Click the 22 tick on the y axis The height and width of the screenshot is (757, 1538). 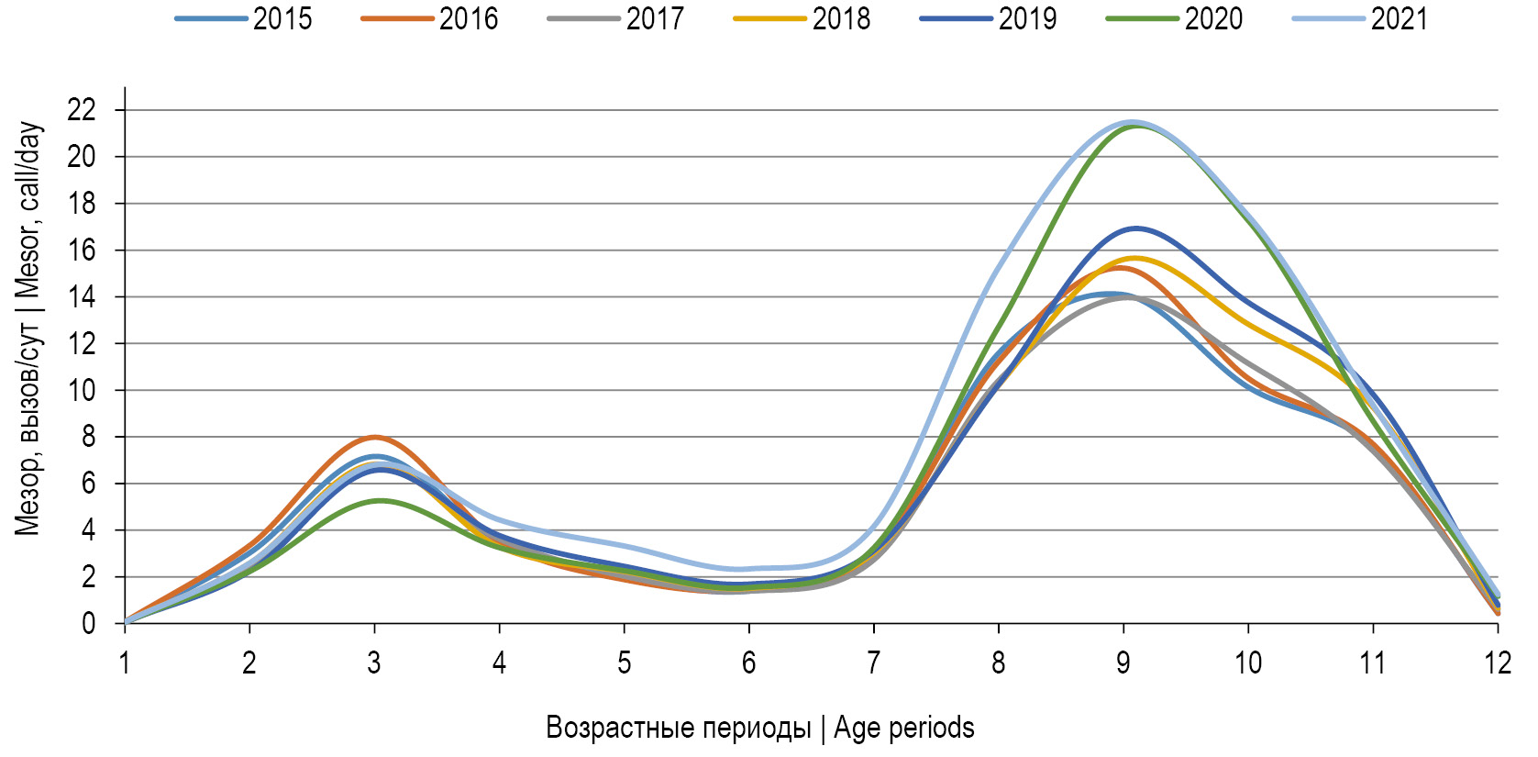tap(82, 110)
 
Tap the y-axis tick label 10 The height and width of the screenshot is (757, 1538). tap(82, 390)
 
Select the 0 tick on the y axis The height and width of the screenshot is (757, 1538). tap(88, 624)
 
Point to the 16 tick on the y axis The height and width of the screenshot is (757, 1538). tap(82, 250)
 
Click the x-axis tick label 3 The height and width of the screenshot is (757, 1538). tap(374, 662)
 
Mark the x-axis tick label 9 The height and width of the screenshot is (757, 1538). tap(1123, 662)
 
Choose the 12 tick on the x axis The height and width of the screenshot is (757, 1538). tap(1497, 662)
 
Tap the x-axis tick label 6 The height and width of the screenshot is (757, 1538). tap(749, 662)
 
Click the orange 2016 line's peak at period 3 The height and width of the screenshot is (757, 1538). tap(374, 437)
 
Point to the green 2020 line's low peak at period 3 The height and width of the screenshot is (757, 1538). tap(380, 500)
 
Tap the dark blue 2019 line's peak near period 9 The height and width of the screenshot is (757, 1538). tap(1136, 228)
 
